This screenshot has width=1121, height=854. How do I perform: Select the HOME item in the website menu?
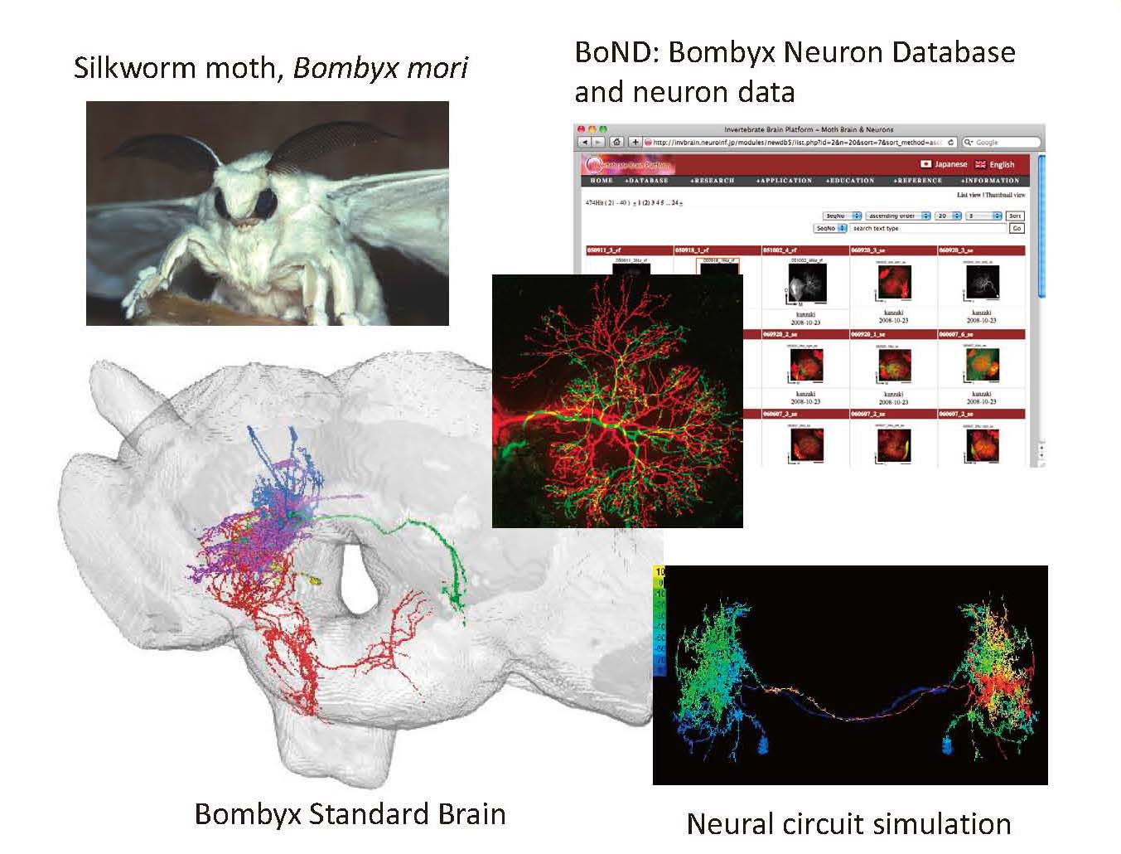click(602, 180)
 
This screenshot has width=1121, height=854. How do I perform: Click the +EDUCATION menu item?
click(849, 180)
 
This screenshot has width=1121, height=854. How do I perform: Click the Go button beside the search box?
click(1017, 228)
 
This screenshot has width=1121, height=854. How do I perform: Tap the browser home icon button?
click(616, 143)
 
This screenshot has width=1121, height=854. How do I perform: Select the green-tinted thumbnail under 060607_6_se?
click(981, 365)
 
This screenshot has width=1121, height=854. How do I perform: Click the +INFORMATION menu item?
click(989, 180)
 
